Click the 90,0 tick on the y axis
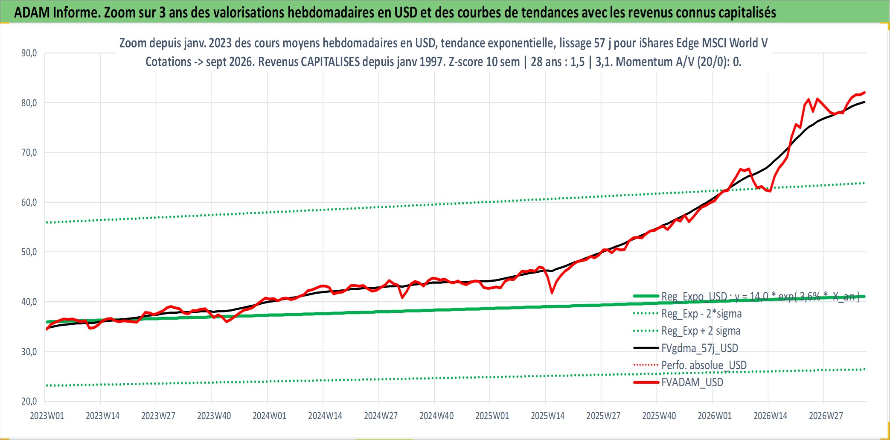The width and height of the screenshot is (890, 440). [29, 53]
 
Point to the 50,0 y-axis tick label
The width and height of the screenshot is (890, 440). [29, 252]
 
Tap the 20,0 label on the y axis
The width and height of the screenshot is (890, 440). [29, 401]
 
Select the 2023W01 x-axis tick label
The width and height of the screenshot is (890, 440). [47, 416]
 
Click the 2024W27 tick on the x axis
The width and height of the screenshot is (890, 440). [381, 416]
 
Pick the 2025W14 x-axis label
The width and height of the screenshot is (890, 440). [547, 416]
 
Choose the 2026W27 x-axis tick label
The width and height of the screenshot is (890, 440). [826, 416]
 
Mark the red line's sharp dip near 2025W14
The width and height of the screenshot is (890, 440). [552, 293]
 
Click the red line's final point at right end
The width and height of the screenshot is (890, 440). [864, 92]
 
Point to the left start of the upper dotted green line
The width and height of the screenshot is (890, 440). [47, 222]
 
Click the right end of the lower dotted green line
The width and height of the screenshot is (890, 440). [864, 369]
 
